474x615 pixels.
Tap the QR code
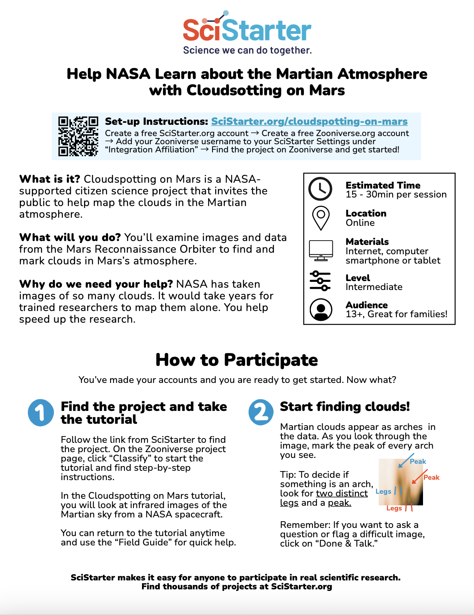[x=78, y=136]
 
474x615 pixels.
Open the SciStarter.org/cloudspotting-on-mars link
[x=309, y=121]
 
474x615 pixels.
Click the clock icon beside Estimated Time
[x=320, y=189]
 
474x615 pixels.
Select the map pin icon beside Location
[x=321, y=217]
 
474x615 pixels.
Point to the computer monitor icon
[x=321, y=250]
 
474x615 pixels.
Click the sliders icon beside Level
[x=320, y=281]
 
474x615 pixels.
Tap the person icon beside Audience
[x=321, y=309]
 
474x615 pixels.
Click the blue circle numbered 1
[x=41, y=412]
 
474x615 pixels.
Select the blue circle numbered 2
[x=261, y=412]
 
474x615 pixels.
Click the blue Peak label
[x=418, y=461]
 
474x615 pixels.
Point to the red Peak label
[x=431, y=477]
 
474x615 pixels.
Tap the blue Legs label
[x=383, y=491]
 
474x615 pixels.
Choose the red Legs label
[x=394, y=508]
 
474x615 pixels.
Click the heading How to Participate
[x=237, y=360]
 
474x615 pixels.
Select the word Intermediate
[x=374, y=287]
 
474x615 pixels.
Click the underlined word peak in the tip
[x=339, y=503]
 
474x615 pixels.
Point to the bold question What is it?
[x=49, y=179]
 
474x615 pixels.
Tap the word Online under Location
[x=360, y=223]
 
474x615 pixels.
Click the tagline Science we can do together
[x=247, y=50]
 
